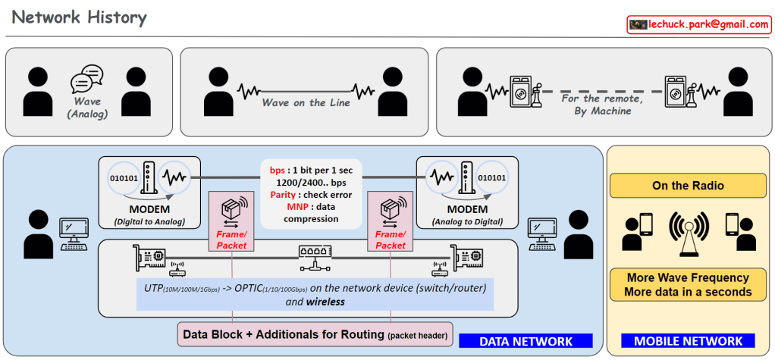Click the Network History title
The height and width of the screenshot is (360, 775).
(x=80, y=17)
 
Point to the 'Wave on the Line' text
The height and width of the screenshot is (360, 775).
(x=306, y=102)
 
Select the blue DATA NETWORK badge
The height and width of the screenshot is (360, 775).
(x=526, y=342)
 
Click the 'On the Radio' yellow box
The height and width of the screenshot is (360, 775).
(x=688, y=186)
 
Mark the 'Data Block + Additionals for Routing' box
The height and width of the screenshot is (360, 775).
(x=313, y=334)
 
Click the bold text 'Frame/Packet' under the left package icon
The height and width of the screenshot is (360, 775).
(x=231, y=239)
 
